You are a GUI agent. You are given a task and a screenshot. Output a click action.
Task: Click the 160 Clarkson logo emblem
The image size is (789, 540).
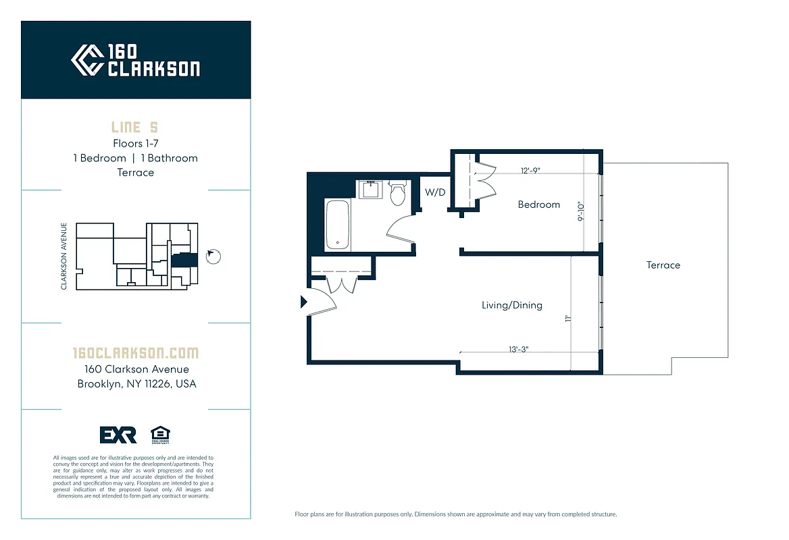(x=87, y=60)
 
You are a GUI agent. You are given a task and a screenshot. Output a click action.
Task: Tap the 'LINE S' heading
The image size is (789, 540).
(x=135, y=128)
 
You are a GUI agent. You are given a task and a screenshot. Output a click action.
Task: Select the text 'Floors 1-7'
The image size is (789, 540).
(x=135, y=143)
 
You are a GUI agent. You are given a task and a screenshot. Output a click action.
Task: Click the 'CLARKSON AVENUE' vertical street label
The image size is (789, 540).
(x=64, y=256)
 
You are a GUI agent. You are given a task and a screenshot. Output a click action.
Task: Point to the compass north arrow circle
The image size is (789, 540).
(x=213, y=256)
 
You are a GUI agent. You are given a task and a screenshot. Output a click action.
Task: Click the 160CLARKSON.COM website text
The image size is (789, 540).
(x=135, y=353)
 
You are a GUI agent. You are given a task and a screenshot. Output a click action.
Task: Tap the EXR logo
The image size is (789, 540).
(x=118, y=435)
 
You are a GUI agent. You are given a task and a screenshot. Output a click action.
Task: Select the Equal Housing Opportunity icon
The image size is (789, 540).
(x=160, y=435)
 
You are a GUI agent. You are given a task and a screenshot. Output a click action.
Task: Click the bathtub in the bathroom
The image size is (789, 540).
(x=336, y=225)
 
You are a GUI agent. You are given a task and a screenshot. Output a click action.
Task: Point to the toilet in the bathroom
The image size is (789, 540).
(x=399, y=193)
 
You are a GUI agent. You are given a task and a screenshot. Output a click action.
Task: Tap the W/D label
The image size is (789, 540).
(x=435, y=192)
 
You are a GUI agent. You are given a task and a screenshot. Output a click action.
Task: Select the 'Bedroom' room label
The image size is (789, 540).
(x=538, y=205)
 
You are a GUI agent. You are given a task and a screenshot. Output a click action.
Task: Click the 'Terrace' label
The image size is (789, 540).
(x=663, y=265)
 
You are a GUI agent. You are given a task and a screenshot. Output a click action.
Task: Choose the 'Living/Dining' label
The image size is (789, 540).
(x=511, y=305)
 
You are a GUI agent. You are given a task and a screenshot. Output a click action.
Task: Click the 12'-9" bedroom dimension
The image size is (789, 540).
(x=530, y=171)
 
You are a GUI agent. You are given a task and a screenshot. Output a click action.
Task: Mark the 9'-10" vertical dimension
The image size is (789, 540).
(x=580, y=212)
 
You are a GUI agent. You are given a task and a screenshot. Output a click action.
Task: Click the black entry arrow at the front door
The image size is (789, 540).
(x=304, y=302)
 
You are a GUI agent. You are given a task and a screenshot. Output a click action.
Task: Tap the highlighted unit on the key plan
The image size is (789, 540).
(x=180, y=260)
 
